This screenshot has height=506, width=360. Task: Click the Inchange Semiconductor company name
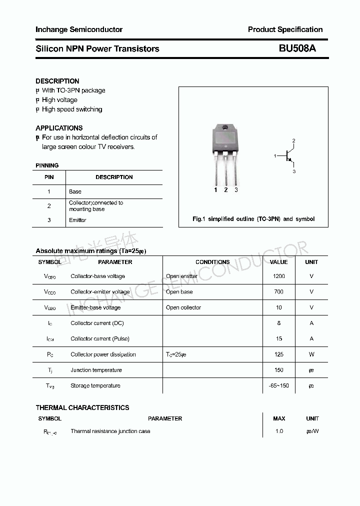pyautogui.click(x=79, y=29)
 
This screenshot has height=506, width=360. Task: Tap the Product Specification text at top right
pyautogui.click(x=285, y=29)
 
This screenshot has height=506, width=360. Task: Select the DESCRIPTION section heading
pyautogui.click(x=57, y=81)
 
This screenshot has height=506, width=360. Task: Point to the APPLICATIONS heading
pyautogui.click(x=59, y=128)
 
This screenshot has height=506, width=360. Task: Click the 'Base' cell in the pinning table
pyautogui.click(x=75, y=191)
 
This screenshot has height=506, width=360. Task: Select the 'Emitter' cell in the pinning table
pyautogui.click(x=77, y=220)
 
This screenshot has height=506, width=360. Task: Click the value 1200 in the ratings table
pyautogui.click(x=278, y=276)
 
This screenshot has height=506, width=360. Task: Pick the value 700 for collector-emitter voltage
pyautogui.click(x=278, y=291)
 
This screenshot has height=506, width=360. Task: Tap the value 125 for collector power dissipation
pyautogui.click(x=278, y=354)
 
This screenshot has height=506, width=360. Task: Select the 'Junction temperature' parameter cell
pyautogui.click(x=96, y=370)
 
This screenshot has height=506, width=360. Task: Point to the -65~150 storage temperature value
pyautogui.click(x=278, y=385)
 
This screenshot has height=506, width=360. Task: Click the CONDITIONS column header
pyautogui.click(x=212, y=262)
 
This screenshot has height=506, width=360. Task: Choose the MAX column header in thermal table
pyautogui.click(x=279, y=418)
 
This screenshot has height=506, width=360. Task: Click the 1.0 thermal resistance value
pyautogui.click(x=279, y=431)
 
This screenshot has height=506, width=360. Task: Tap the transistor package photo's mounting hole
pyautogui.click(x=225, y=127)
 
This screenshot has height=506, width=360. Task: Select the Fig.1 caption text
pyautogui.click(x=253, y=219)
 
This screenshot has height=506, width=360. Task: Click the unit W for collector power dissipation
pyautogui.click(x=311, y=354)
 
